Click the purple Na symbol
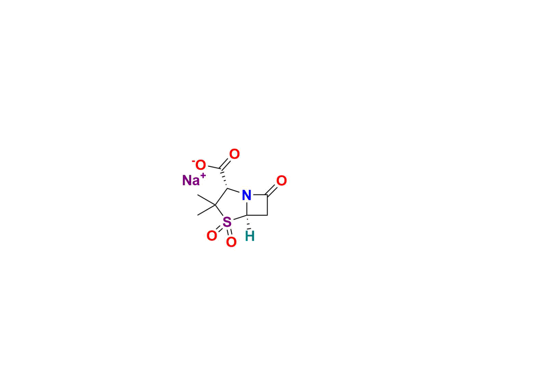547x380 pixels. (191, 181)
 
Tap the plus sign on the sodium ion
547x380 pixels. (203, 175)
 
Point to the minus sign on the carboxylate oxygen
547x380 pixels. (193, 161)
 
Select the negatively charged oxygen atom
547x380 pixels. (200, 165)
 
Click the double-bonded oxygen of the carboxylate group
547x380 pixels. (234, 154)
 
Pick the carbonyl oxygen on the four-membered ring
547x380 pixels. (281, 181)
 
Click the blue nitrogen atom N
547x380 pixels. (246, 195)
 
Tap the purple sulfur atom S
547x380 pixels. (227, 222)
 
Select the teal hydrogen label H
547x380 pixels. (250, 236)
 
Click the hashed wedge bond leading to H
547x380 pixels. (248, 222)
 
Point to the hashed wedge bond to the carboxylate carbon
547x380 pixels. (224, 178)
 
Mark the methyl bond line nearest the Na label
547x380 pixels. (207, 200)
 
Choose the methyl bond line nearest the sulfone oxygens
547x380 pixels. (207, 210)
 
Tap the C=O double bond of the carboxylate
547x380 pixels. (225, 164)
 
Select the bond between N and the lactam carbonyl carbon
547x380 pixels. (260, 195)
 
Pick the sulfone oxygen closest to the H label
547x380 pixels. (231, 242)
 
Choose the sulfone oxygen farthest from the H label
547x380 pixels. (212, 236)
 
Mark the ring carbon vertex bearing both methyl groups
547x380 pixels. (215, 205)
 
